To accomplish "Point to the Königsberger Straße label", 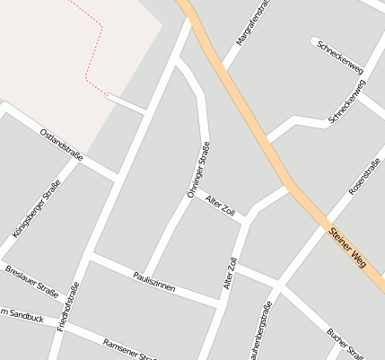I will point(31,208).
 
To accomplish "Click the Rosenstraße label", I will point(364,176).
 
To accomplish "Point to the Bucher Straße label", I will point(345,343).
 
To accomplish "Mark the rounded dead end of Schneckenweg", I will point(315,41).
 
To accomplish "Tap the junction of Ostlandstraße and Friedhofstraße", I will point(118,175).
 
